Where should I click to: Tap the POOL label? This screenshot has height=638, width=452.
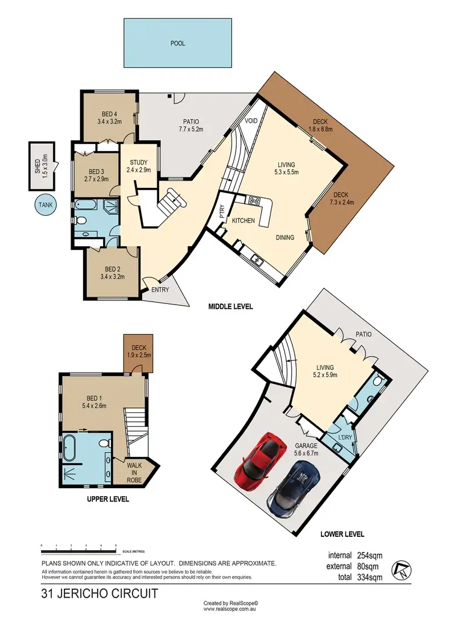(178, 43)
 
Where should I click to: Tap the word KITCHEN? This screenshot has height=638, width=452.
(243, 221)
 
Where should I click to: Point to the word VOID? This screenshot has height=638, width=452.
(251, 121)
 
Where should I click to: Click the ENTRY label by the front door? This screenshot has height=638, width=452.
(160, 290)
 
